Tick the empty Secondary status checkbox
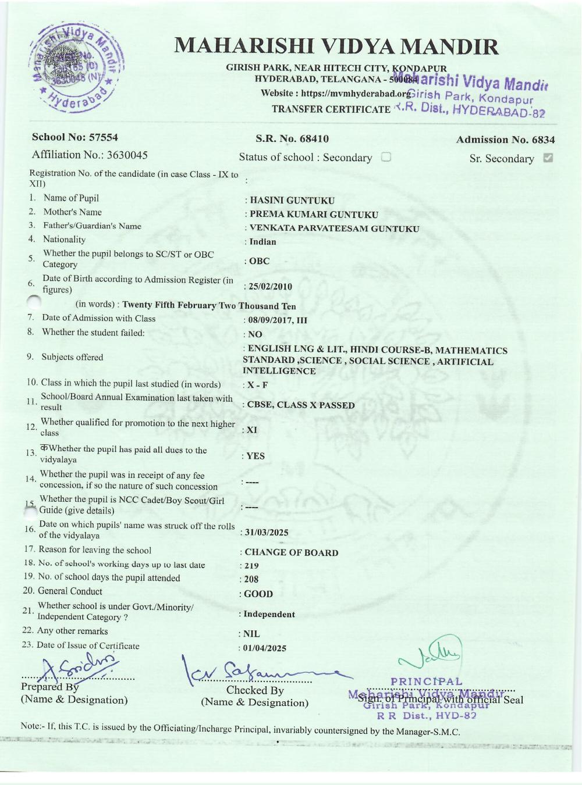386,157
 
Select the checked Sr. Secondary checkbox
547,158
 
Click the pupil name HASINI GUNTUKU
292,201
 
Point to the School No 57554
75,137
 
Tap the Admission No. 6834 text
505,140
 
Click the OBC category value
259,261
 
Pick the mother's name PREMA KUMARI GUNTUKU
314,215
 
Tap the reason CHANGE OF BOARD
291,552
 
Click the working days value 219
251,566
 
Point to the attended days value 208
251,579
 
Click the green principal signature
431,654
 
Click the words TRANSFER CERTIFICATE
331,109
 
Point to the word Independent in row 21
269,614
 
